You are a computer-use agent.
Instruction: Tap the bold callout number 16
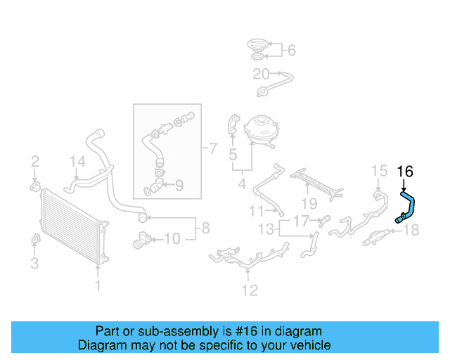click(x=406, y=171)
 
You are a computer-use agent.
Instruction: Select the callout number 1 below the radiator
click(x=98, y=286)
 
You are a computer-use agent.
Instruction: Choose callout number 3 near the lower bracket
click(x=34, y=264)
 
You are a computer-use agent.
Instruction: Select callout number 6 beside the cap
click(x=291, y=50)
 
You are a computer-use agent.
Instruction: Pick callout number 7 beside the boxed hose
click(x=212, y=148)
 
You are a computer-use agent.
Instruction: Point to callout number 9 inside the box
click(x=179, y=186)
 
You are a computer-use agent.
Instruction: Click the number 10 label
click(x=172, y=239)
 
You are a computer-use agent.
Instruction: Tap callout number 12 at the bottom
click(x=249, y=290)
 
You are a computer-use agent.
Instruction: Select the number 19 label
click(x=308, y=204)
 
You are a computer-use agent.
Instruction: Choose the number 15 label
click(x=379, y=171)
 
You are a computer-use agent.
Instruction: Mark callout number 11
click(x=255, y=210)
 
